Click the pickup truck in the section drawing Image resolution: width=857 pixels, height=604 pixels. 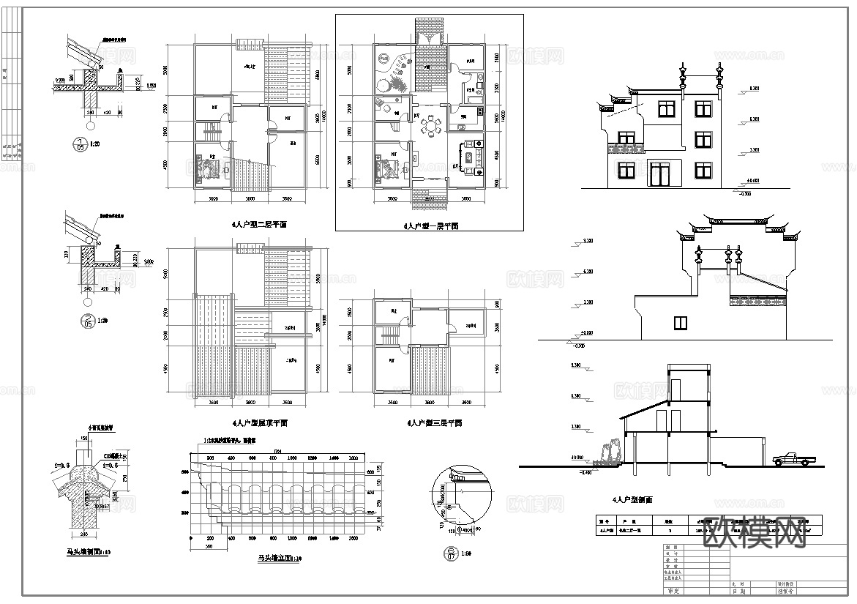(x=793, y=458)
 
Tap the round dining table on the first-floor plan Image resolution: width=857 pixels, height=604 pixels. (x=433, y=127)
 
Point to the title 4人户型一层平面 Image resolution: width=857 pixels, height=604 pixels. (x=431, y=227)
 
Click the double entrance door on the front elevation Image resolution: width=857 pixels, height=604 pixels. (x=660, y=174)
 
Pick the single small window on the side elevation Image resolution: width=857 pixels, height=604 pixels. (x=681, y=322)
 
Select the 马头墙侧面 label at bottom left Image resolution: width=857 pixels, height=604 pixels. (x=86, y=552)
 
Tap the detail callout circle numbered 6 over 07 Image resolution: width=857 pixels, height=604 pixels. (x=452, y=555)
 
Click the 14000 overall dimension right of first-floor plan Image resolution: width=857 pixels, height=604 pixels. (x=501, y=117)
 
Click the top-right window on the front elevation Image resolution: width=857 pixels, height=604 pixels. (x=703, y=109)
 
